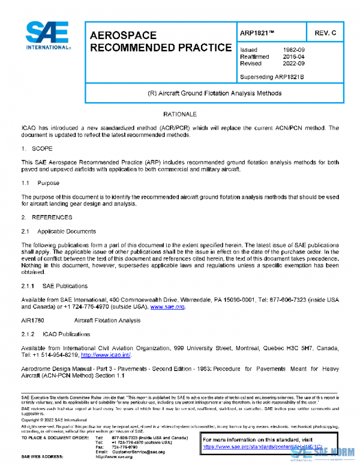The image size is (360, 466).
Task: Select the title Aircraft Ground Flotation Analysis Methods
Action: (x=214, y=94)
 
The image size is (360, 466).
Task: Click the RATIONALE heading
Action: (x=179, y=113)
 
